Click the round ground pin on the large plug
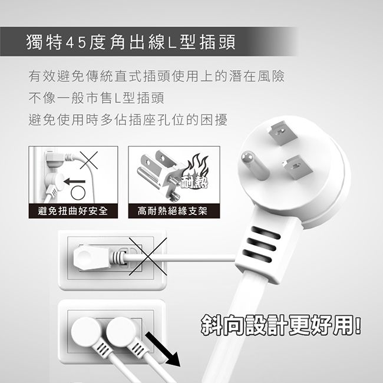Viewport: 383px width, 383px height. pyautogui.click(x=255, y=166)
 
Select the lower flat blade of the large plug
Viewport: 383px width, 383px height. pyautogui.click(x=297, y=168)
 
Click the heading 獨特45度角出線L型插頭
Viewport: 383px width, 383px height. pyautogui.click(x=131, y=42)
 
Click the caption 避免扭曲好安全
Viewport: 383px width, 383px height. pyautogui.click(x=73, y=211)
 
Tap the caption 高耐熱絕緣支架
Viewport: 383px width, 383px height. pyautogui.click(x=173, y=211)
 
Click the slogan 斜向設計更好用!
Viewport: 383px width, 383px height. pyautogui.click(x=281, y=325)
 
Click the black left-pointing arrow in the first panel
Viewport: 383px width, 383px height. pyautogui.click(x=74, y=181)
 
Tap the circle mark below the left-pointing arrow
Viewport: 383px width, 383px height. pyautogui.click(x=78, y=193)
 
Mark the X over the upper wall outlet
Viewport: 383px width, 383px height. pyautogui.click(x=148, y=256)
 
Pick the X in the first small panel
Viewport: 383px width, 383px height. pyautogui.click(x=89, y=160)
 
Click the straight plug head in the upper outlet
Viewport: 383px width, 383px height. pyautogui.click(x=91, y=257)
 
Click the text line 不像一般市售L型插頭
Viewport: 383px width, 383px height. pyautogui.click(x=96, y=98)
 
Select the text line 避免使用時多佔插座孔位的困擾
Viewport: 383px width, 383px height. pyautogui.click(x=128, y=120)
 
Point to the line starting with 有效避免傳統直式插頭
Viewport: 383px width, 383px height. pyautogui.click(x=156, y=76)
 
